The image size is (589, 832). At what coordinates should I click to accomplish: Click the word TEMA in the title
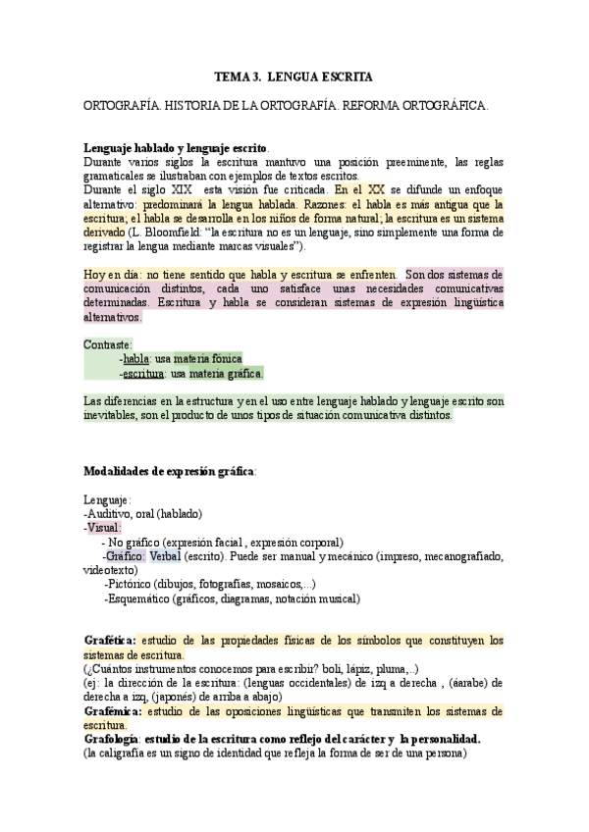(x=233, y=76)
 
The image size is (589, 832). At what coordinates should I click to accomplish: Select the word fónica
(x=222, y=360)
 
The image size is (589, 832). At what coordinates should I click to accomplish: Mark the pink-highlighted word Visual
(x=105, y=528)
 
